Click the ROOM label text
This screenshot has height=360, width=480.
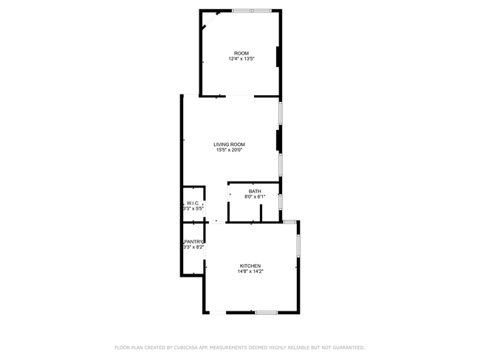pyautogui.click(x=241, y=53)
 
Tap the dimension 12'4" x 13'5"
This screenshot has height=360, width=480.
pyautogui.click(x=241, y=59)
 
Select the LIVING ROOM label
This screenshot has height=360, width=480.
pyautogui.click(x=229, y=145)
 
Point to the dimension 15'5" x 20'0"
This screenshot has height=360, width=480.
pyautogui.click(x=229, y=150)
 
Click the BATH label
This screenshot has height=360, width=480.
pyautogui.click(x=255, y=192)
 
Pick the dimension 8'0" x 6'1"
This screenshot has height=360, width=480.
pyautogui.click(x=255, y=197)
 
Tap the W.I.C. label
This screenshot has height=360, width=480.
pyautogui.click(x=193, y=203)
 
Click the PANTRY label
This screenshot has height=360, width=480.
pyautogui.click(x=193, y=241)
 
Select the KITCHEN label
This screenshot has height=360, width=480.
pyautogui.click(x=250, y=266)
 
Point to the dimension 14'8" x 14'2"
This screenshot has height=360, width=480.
pyautogui.click(x=250, y=271)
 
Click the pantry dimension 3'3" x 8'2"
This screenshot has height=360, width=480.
pyautogui.click(x=193, y=247)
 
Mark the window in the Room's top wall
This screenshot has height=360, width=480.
pyautogui.click(x=252, y=11)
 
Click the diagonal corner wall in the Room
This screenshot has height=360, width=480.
pyautogui.click(x=210, y=21)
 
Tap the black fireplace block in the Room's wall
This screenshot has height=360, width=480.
pyautogui.click(x=278, y=57)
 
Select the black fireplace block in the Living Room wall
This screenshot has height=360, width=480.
pyautogui.click(x=278, y=140)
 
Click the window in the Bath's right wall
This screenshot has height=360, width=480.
pyautogui.click(x=281, y=202)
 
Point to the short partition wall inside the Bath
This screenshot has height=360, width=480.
pyautogui.click(x=261, y=213)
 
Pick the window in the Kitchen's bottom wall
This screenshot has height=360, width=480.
pyautogui.click(x=267, y=313)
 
